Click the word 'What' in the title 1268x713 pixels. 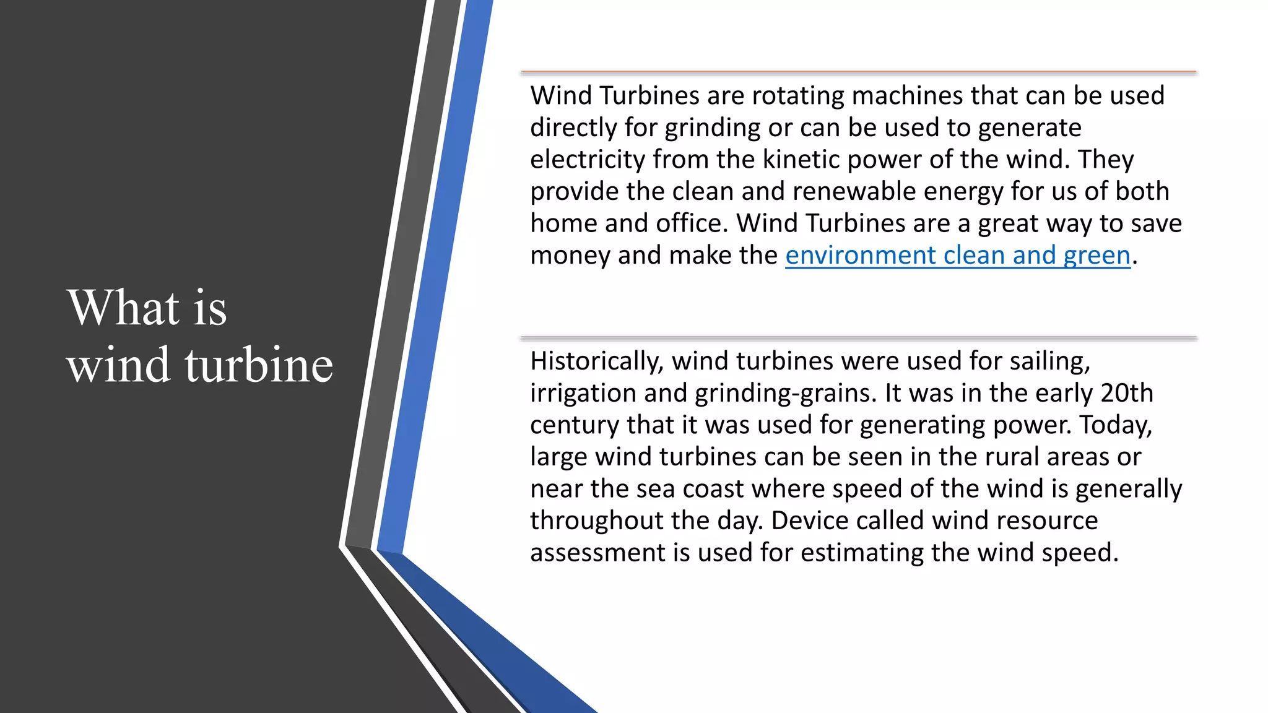coord(124,308)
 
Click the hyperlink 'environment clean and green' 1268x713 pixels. coord(957,256)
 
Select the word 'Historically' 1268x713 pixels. coord(596,361)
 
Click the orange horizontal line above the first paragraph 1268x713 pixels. coord(858,72)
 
